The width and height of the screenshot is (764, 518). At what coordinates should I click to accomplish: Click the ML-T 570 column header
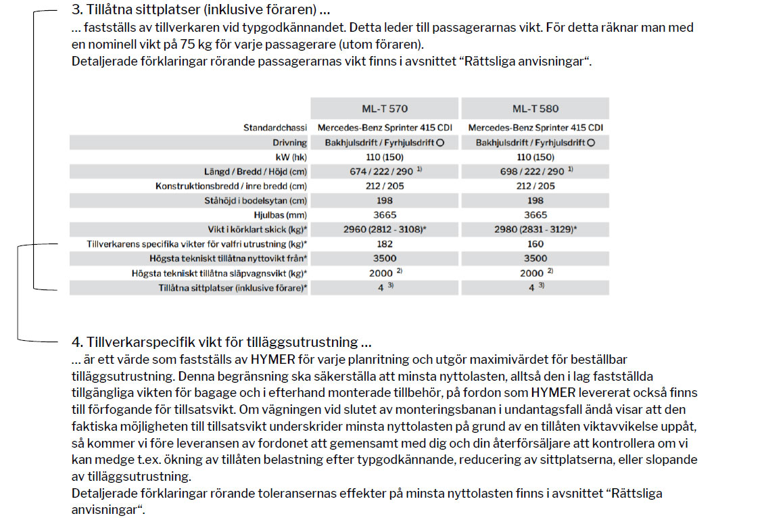[x=385, y=109]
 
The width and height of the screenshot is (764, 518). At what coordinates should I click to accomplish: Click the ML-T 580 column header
[x=535, y=109]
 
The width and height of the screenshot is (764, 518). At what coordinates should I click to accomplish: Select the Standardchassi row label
[x=274, y=128]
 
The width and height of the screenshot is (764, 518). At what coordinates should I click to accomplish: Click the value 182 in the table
[x=385, y=243]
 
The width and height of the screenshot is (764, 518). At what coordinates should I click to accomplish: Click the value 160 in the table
[x=535, y=243]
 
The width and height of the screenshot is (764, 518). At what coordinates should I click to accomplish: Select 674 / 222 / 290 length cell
[x=381, y=172]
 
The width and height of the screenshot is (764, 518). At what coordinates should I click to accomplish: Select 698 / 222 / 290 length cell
[x=532, y=172]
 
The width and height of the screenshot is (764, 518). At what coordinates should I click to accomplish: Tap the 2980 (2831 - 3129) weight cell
[x=535, y=229]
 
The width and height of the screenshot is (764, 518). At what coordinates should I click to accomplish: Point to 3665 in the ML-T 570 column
[x=385, y=215]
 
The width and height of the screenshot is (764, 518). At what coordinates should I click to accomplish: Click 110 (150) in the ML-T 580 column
[x=535, y=157]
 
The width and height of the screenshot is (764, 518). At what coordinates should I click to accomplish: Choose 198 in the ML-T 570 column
[x=385, y=200]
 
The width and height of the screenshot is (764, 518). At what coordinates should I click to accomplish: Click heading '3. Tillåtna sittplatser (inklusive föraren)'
[x=200, y=11]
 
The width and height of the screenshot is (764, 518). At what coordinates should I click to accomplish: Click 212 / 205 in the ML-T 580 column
[x=535, y=186]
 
